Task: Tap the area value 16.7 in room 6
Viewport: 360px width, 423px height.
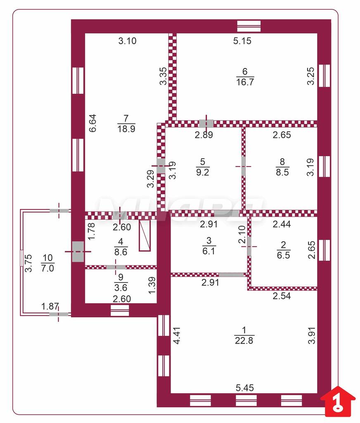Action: pos(245,82)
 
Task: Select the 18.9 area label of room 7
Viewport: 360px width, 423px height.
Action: pos(126,128)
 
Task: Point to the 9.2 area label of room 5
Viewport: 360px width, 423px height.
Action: pos(203,172)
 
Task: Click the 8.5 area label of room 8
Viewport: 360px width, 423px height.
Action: pos(282,172)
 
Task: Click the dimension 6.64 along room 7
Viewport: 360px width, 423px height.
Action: pos(92,123)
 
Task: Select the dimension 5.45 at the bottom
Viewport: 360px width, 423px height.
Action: pos(244,388)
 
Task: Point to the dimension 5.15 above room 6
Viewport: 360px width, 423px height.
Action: pos(242,41)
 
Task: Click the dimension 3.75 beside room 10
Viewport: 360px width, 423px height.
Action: pos(28,263)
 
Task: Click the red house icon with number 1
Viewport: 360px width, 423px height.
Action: pos(338,401)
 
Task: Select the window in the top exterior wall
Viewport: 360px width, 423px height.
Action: pos(249,26)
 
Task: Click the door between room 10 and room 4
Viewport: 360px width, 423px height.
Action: pos(78,251)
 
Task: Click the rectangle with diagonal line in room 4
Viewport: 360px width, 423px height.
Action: pos(145,235)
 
